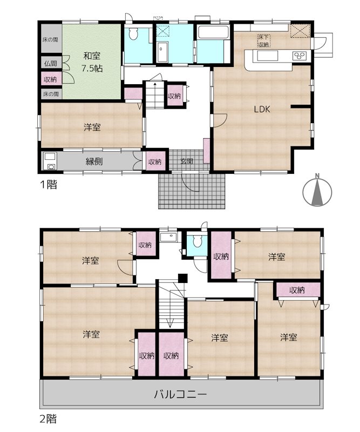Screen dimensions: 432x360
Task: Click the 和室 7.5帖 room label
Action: (x=91, y=62)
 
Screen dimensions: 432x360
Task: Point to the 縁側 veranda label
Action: (x=94, y=161)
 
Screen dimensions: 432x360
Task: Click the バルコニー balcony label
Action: (x=180, y=394)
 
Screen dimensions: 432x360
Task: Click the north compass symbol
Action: (x=317, y=191)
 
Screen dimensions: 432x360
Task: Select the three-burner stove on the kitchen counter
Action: (x=300, y=55)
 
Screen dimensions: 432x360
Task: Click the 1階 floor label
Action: (x=47, y=184)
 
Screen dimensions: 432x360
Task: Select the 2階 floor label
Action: (x=47, y=418)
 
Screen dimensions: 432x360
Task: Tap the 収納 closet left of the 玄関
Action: (x=155, y=161)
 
